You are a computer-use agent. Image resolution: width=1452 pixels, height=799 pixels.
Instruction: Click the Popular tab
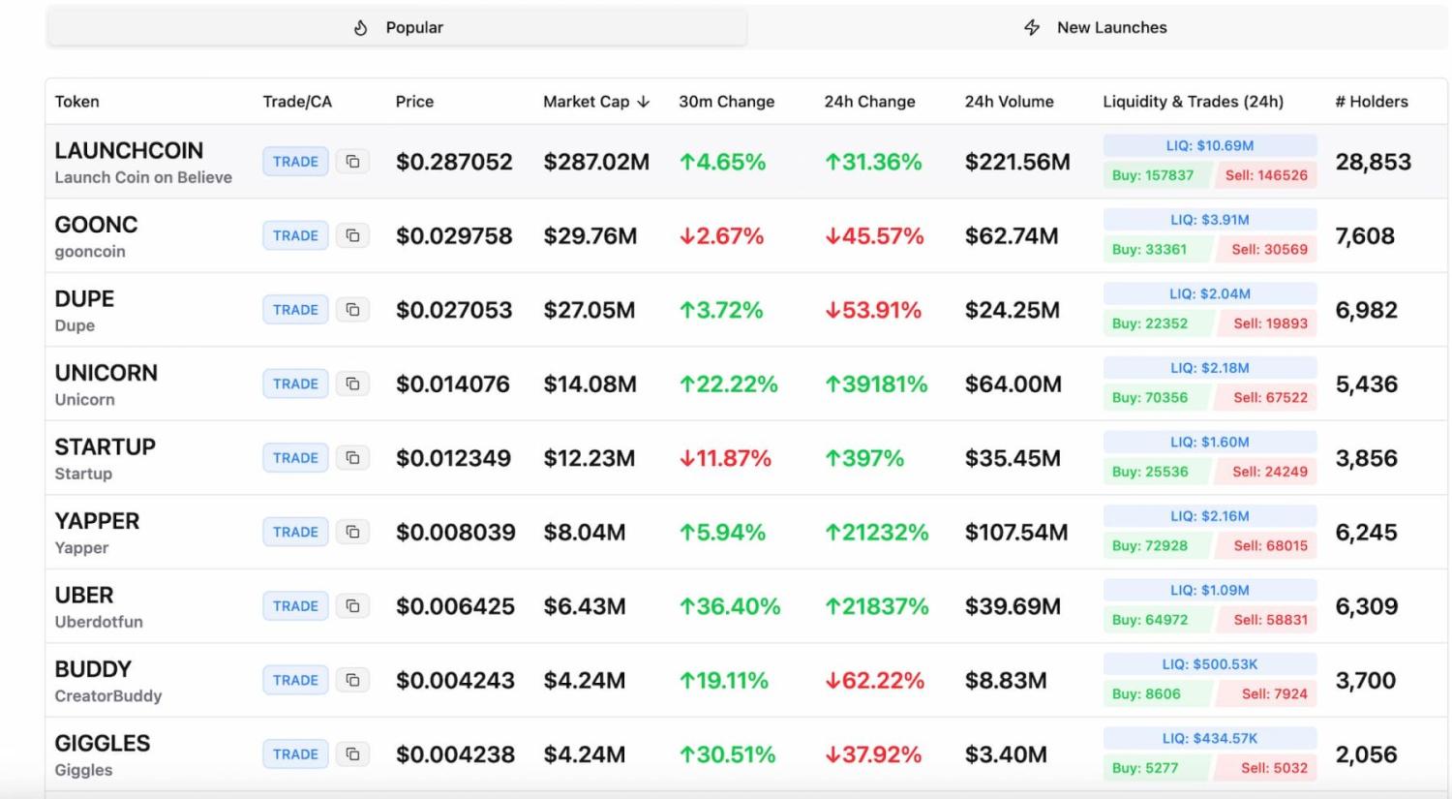coord(398,28)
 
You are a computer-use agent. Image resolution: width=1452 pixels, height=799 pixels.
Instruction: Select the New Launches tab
coord(1096,28)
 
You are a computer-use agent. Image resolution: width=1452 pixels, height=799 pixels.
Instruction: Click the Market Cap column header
coord(595,102)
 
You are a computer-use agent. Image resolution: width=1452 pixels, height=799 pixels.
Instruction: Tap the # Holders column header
coord(1371,102)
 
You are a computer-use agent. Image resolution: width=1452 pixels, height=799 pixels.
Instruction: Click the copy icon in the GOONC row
coord(353,235)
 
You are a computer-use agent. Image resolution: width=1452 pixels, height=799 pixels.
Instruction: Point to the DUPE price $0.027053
coord(454,310)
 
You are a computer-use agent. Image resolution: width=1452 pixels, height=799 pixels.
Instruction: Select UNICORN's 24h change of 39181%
coord(876,384)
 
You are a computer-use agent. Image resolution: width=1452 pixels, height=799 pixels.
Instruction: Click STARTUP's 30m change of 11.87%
coord(726,458)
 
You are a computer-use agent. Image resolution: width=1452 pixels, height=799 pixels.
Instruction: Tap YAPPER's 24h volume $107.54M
coord(1015,533)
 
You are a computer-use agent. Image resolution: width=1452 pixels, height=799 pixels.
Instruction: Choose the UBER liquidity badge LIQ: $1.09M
coord(1209,590)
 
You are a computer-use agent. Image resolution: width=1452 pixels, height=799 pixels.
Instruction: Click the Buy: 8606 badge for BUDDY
coord(1146,693)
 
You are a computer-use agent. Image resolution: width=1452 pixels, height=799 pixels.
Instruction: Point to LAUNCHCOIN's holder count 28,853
coord(1373,162)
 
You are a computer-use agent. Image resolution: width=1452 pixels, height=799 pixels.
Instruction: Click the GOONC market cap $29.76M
coord(590,236)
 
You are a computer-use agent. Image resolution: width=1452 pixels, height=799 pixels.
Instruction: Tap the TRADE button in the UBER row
coord(295,606)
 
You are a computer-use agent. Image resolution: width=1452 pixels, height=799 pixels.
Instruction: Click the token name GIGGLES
coord(103,744)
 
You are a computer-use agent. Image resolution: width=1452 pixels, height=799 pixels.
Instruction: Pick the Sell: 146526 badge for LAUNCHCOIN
coord(1266,175)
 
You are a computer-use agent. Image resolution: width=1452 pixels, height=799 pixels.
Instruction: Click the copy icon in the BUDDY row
coord(353,680)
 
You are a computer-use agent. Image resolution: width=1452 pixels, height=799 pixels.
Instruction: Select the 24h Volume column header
coord(1009,102)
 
